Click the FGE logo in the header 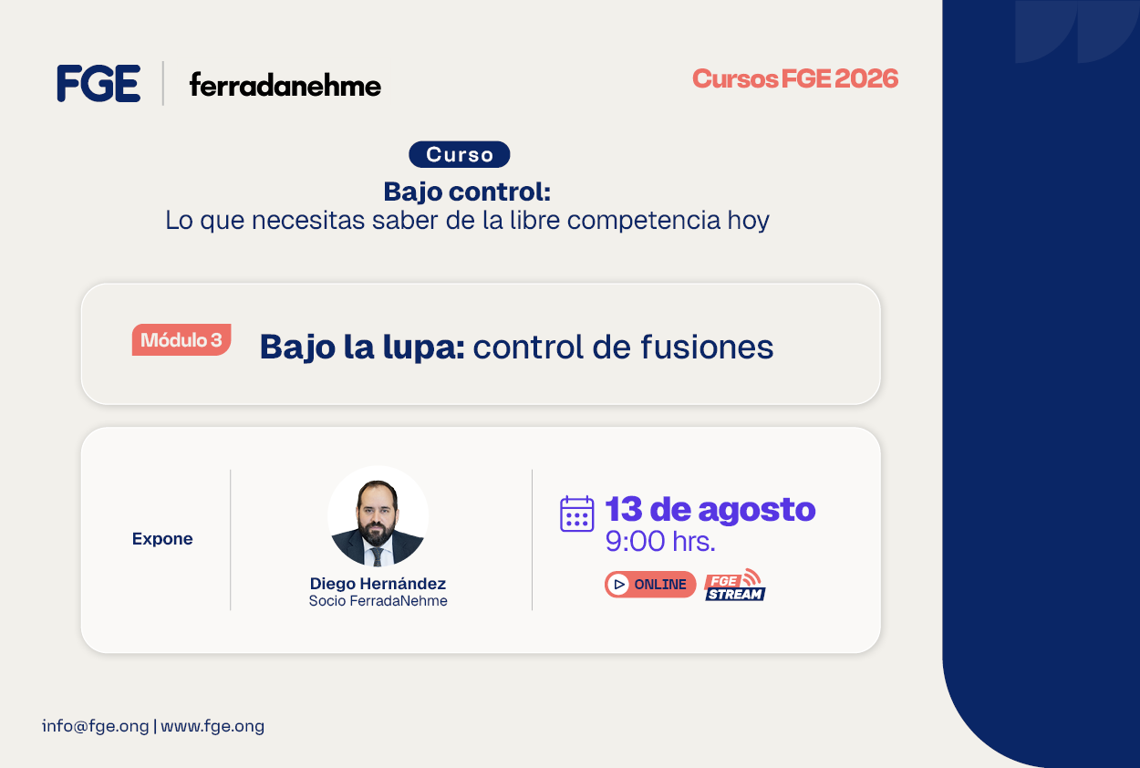(98, 83)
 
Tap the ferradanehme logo (285, 85)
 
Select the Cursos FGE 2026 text (795, 78)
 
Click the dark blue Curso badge (459, 154)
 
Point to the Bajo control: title (467, 192)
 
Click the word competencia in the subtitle (643, 221)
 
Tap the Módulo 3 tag (181, 339)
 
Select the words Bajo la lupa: (362, 348)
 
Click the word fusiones (707, 347)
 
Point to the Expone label (162, 538)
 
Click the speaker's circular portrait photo (378, 516)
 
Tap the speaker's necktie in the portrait (378, 556)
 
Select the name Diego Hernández (378, 583)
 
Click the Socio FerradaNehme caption (378, 601)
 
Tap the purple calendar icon (576, 514)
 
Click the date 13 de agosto (710, 510)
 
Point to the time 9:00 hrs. (660, 541)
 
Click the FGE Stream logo (735, 586)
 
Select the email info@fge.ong (95, 726)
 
